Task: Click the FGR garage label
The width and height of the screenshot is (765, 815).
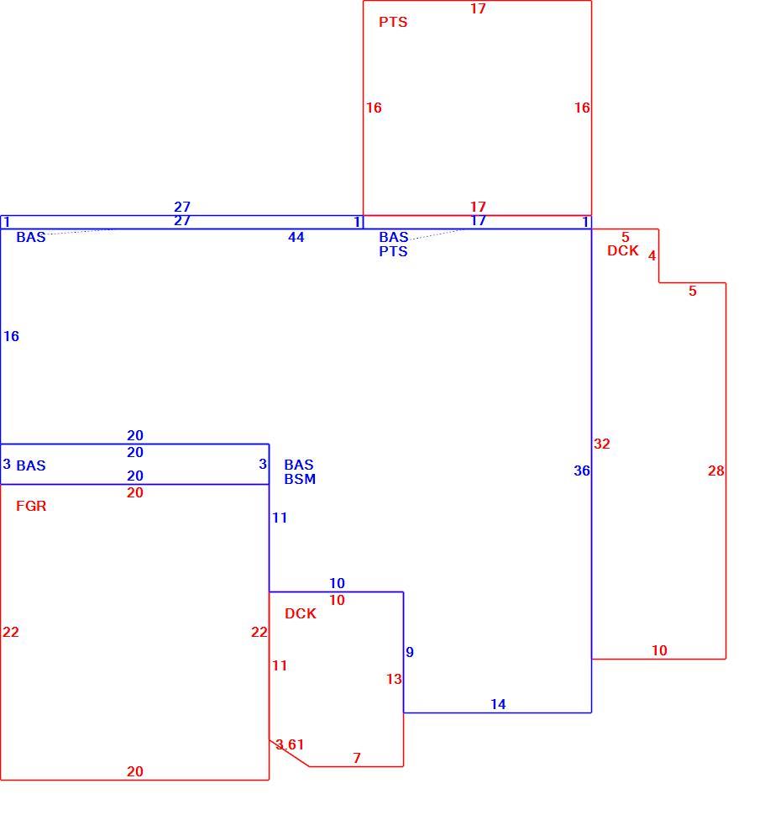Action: click(x=31, y=506)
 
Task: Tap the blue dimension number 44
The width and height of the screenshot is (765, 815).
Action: click(x=296, y=237)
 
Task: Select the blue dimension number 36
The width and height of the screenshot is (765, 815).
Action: click(x=582, y=471)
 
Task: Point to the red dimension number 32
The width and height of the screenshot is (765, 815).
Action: click(x=602, y=444)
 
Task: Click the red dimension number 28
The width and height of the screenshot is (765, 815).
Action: click(x=715, y=471)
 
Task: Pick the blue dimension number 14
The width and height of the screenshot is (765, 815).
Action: click(x=498, y=704)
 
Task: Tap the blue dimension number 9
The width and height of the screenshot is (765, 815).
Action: click(x=410, y=652)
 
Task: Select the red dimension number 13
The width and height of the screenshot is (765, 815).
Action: click(x=394, y=679)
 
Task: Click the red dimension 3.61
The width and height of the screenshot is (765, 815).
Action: click(x=290, y=744)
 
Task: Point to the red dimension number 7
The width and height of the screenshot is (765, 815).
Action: click(x=357, y=758)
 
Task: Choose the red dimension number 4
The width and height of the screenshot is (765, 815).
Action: click(x=652, y=255)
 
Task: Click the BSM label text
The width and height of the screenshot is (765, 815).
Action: click(x=300, y=479)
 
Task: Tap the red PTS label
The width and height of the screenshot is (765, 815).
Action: click(x=393, y=22)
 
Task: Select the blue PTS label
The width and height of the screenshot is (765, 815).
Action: click(x=393, y=251)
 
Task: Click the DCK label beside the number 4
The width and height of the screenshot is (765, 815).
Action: click(x=623, y=250)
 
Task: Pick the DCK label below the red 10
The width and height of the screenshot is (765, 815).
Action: click(x=300, y=613)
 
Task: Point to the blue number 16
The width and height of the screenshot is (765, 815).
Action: click(x=11, y=336)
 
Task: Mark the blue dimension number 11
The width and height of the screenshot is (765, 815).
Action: click(x=280, y=518)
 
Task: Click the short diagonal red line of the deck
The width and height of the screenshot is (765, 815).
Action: click(x=289, y=753)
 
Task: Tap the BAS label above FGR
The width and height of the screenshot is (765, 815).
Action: click(x=31, y=465)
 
